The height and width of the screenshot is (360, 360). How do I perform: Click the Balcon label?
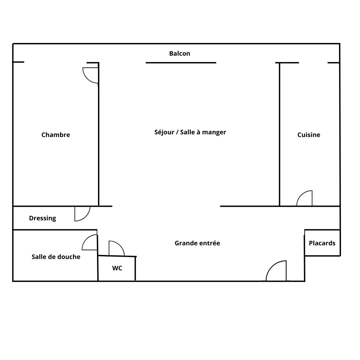(x=180, y=53)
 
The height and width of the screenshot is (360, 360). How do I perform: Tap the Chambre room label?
(x=56, y=135)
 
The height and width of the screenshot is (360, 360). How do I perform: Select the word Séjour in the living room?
(x=164, y=132)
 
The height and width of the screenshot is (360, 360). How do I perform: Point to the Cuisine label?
(x=309, y=135)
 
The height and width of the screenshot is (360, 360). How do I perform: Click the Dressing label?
(x=42, y=218)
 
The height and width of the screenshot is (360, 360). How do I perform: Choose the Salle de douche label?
(x=56, y=257)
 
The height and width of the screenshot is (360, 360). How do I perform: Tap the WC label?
(x=117, y=268)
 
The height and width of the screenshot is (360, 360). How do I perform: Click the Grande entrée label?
(x=197, y=243)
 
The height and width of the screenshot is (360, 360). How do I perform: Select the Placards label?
(x=322, y=243)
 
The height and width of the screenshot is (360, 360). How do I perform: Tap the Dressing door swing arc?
(x=86, y=217)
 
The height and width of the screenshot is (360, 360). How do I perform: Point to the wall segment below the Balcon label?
(x=181, y=63)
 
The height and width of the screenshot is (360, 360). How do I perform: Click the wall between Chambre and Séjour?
(x=99, y=134)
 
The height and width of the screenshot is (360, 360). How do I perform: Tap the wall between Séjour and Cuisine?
(x=280, y=134)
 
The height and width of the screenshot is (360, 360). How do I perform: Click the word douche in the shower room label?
(x=71, y=257)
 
